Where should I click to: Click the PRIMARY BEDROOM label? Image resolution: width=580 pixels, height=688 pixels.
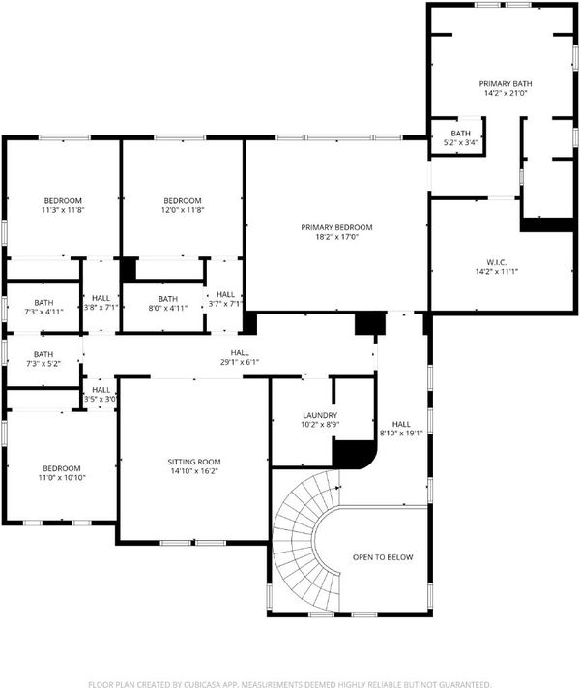point(336,227)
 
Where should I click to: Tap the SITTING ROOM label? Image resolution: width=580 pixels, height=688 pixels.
point(194,462)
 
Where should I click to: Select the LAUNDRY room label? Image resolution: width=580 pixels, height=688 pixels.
point(320,415)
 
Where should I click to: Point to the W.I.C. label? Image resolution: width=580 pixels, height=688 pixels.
point(497,262)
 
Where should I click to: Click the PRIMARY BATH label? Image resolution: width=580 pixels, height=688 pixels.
point(506,84)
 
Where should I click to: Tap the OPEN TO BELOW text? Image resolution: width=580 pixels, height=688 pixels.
point(383,557)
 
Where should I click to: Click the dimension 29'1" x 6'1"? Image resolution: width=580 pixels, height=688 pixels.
point(240,363)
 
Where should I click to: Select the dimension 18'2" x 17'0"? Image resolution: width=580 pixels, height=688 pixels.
point(336,237)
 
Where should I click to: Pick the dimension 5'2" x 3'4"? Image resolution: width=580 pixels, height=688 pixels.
point(461,142)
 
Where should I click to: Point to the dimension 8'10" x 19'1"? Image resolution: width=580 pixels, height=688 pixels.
point(401,434)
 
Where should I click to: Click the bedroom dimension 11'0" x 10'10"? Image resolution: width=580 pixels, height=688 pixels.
point(62,478)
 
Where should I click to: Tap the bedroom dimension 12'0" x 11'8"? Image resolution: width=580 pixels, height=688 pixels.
point(183,210)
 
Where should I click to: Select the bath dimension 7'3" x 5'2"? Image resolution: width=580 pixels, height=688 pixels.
point(43,364)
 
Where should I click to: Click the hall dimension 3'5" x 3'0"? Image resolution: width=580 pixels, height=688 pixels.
point(101,400)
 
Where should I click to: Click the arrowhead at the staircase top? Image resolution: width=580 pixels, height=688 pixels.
point(337,487)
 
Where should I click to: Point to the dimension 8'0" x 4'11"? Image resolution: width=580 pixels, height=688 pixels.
point(168,308)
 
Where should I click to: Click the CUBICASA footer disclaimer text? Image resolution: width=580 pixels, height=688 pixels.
point(290,684)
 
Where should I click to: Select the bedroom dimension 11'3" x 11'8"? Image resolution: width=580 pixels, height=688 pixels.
point(63,210)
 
